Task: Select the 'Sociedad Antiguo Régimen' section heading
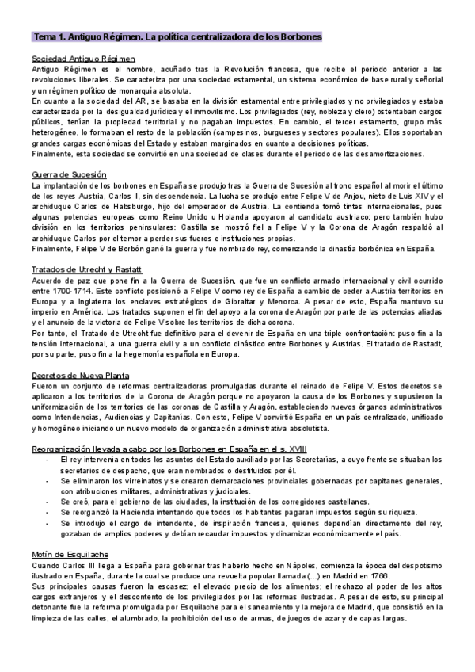[x=83, y=59]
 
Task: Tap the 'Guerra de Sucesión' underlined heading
[x=70, y=174]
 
